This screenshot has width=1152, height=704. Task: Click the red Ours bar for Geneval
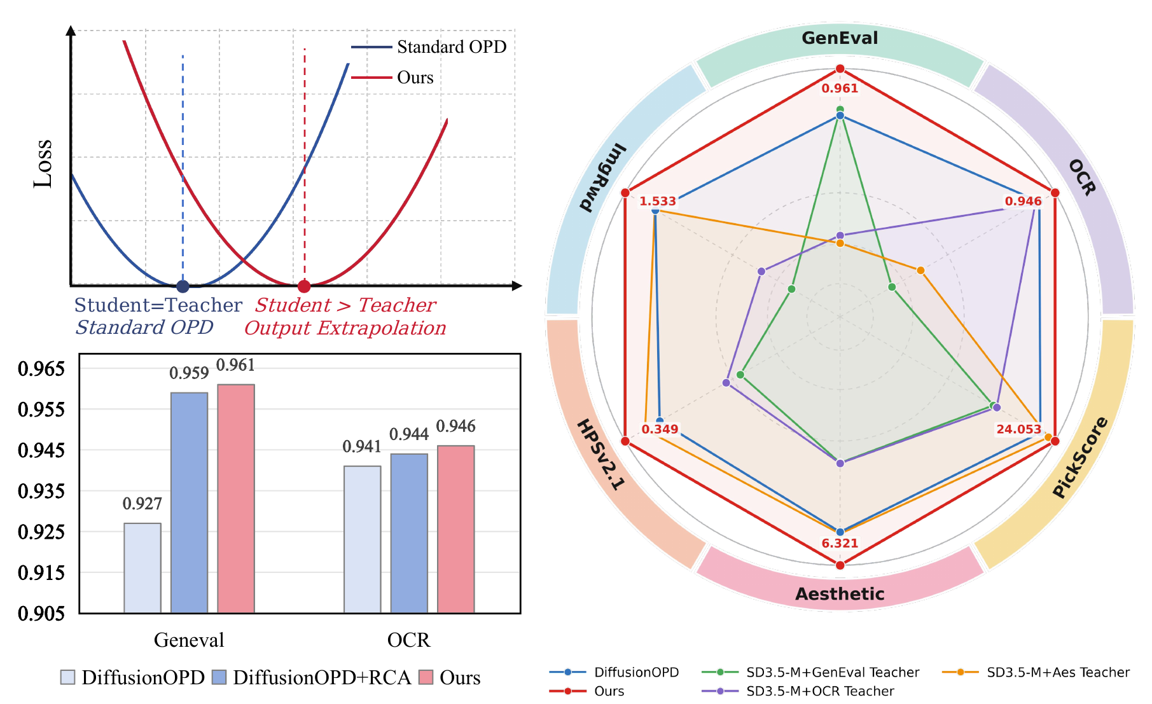[236, 499]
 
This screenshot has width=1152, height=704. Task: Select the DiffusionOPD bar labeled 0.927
[142, 568]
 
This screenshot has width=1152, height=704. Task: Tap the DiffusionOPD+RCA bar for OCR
[409, 534]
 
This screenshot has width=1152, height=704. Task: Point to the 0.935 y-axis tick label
[41, 491]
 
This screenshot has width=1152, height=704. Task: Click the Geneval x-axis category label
[189, 640]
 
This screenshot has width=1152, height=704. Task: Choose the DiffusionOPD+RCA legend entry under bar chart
[312, 677]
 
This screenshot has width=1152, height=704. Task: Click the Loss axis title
[43, 163]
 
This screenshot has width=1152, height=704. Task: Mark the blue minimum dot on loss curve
[183, 286]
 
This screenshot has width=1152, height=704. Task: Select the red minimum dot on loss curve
[304, 286]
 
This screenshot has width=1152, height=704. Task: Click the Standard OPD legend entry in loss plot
[429, 47]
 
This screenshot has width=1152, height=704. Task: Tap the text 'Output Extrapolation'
[345, 328]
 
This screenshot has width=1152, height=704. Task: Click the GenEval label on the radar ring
[840, 38]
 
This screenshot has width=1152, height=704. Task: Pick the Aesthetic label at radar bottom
[840, 594]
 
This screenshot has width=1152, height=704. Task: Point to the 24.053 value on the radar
[1019, 429]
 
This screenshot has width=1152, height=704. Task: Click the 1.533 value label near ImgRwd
[658, 202]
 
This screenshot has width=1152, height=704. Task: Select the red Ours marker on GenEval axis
[840, 69]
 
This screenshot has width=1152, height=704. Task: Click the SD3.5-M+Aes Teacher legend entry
[1036, 672]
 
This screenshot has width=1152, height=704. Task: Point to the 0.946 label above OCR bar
[456, 426]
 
